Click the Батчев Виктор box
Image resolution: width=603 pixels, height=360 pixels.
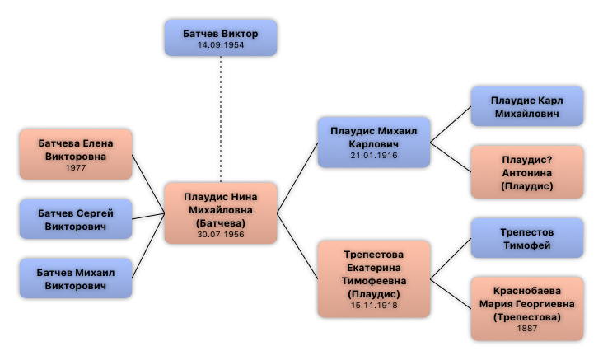coord(220,38)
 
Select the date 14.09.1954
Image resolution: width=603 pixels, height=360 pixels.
coord(220,44)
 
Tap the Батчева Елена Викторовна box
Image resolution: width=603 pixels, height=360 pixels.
coord(76,154)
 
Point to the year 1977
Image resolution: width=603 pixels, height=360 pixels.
coord(76,168)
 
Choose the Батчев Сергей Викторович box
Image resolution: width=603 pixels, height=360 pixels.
coord(76,219)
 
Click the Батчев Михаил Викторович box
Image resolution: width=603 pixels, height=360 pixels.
coord(76,278)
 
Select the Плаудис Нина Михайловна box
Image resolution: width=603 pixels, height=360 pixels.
coord(220,213)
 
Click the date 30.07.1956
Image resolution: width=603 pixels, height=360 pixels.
coord(220,235)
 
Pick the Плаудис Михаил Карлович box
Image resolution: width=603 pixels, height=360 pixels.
coord(374,143)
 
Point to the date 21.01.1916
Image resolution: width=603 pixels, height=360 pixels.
coord(374,155)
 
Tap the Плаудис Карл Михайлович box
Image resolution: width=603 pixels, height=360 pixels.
coord(527,106)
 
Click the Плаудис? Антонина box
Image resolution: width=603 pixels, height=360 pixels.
coord(527,172)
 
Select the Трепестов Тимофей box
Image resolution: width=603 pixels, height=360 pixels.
coord(527,238)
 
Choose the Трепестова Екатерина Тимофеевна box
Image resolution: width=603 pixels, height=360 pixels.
coord(374,278)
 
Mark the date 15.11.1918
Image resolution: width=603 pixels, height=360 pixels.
coord(374,306)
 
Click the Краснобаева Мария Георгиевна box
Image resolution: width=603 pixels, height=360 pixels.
coord(527,309)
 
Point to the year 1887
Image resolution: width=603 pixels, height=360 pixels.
coord(527,329)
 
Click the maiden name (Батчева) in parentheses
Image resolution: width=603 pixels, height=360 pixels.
coord(220,222)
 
